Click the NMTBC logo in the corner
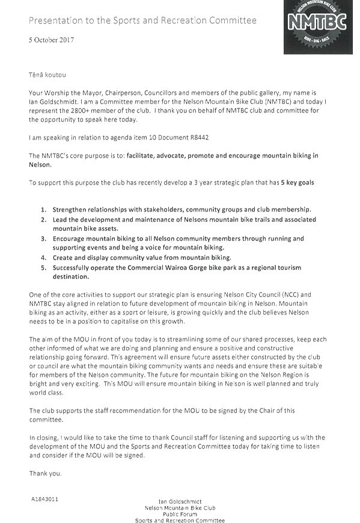point(318,26)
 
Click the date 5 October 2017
point(51,40)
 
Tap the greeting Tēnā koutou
point(47,75)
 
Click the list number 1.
point(44,210)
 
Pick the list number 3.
point(44,239)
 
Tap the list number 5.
point(44,268)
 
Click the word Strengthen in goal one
point(69,210)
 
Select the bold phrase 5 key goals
point(297,183)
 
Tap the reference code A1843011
point(44,500)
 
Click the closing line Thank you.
point(45,473)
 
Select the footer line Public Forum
point(180,515)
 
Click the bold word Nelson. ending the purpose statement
point(40,165)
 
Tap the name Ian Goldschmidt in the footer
point(180,501)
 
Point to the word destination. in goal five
point(71,277)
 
